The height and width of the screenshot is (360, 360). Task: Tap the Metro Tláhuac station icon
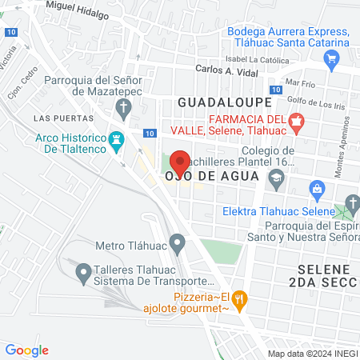click(178, 242)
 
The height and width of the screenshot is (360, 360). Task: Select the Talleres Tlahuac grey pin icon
click(82, 274)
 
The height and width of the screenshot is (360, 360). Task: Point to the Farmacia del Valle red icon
click(297, 122)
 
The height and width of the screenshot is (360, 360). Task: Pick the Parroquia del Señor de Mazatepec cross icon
click(123, 106)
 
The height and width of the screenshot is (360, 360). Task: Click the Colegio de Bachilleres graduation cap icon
click(275, 178)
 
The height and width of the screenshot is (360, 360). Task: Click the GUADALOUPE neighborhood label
click(224, 103)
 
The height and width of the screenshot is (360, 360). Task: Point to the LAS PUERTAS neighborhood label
click(56, 118)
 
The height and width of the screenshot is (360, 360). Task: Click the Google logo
click(26, 350)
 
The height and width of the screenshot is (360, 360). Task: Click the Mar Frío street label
click(308, 82)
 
